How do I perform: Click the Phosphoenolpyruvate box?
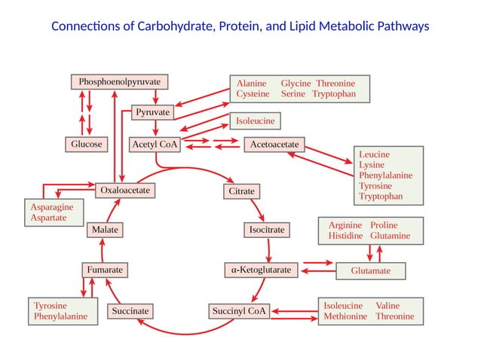coord(119,82)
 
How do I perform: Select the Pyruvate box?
coord(152,112)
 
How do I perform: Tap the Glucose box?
coord(87,145)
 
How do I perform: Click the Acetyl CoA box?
coord(155,145)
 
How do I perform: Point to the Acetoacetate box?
coord(274,145)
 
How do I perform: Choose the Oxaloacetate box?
coord(125,191)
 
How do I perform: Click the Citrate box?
coord(242,191)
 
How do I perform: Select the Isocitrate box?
coord(267,230)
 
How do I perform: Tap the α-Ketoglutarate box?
coord(261,270)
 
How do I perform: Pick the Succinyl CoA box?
coord(239,311)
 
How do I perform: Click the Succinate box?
coord(130,311)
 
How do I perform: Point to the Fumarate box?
coord(105,270)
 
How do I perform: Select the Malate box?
coord(105,230)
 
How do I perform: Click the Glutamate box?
coord(371,271)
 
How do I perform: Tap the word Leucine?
coord(374,154)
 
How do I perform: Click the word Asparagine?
coord(52,207)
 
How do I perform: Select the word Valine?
coord(388,306)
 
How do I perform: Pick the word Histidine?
coord(346,236)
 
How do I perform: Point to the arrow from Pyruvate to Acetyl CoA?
coord(155,127)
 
